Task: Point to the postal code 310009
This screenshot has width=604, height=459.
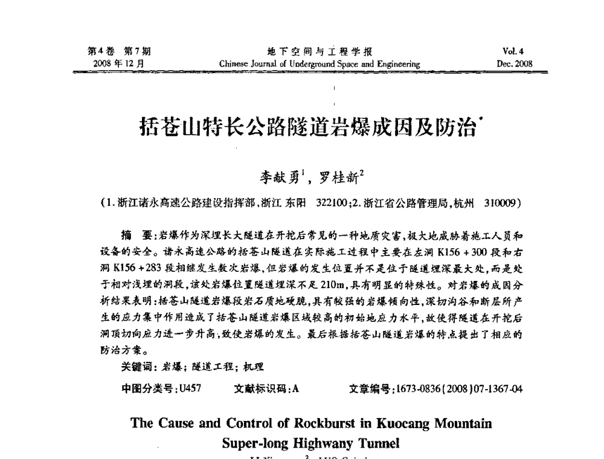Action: coord(501,204)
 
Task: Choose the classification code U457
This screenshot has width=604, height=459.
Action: coord(189,389)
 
